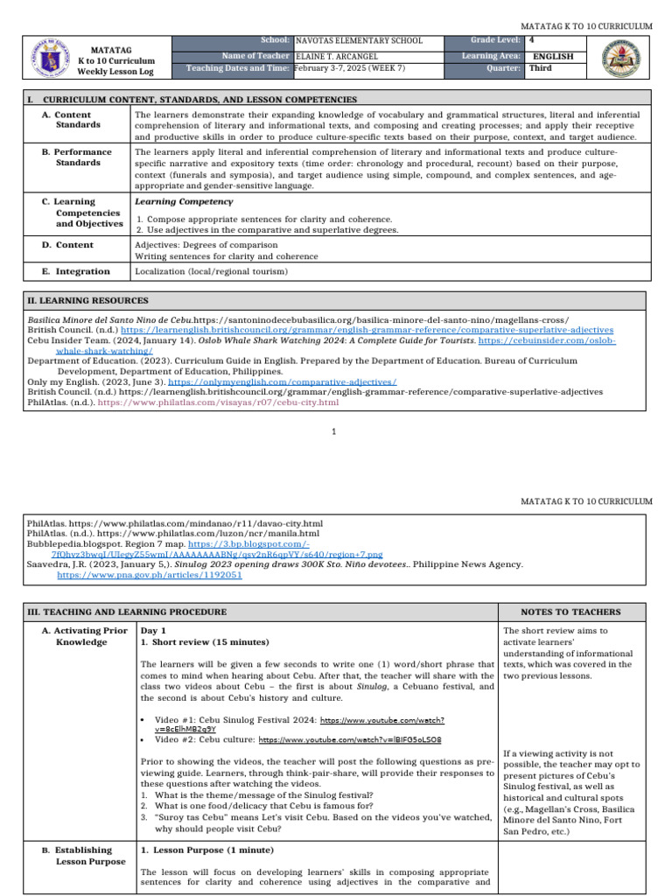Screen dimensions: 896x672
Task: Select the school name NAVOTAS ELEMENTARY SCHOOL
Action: coord(359,41)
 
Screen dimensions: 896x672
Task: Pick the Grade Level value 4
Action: coord(533,40)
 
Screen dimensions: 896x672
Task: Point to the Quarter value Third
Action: coord(541,68)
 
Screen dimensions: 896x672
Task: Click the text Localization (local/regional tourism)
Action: coord(211,271)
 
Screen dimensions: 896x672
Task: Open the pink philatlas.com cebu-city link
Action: coord(218,402)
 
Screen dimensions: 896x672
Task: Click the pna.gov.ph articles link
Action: coord(150,576)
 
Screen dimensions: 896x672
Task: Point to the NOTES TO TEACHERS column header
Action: coord(570,612)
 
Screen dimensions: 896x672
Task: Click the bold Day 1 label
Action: coord(153,631)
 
